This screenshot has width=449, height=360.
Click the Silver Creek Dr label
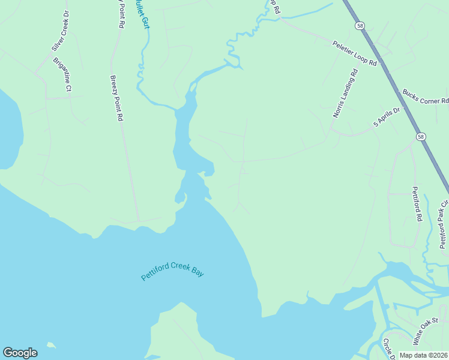pyautogui.click(x=60, y=31)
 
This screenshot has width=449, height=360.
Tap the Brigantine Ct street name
pyautogui.click(x=62, y=74)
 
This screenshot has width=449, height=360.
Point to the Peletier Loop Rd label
pyautogui.click(x=355, y=53)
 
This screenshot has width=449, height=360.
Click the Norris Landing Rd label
pyautogui.click(x=345, y=93)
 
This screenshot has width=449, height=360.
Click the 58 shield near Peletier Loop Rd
pyautogui.click(x=359, y=26)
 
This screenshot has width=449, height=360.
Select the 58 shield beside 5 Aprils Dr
pyautogui.click(x=421, y=137)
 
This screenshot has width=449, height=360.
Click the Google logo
pyautogui.click(x=20, y=353)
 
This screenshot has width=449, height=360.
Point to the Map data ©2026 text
pyautogui.click(x=424, y=355)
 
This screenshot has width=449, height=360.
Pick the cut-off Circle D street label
pyautogui.click(x=387, y=349)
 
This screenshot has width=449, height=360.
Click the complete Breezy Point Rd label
pyautogui.click(x=116, y=98)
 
